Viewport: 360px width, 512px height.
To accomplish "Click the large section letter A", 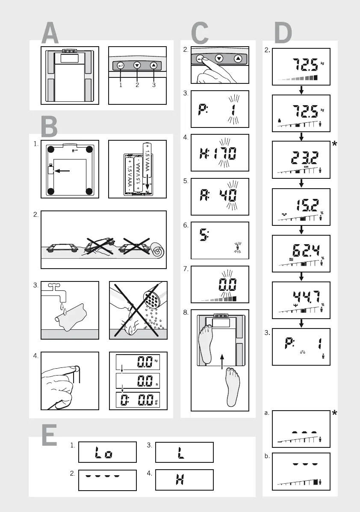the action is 50,34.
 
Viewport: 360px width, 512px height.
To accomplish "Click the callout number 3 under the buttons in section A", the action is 154,85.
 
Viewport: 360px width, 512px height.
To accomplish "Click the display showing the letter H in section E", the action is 184,479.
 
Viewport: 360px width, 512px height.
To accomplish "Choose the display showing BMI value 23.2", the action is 301,159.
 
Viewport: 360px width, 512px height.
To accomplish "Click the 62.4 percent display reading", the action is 301,254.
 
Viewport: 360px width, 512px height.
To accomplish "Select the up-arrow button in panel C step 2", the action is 238,59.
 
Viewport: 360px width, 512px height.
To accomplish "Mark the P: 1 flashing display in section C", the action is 219,109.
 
